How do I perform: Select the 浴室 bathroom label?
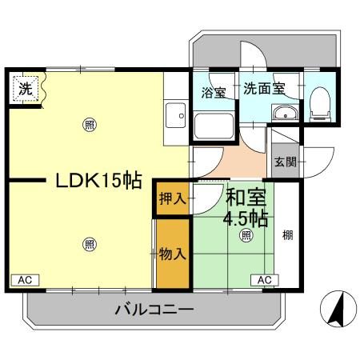click(x=213, y=92)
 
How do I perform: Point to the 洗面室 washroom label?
click(x=264, y=88)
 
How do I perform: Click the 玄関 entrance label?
click(x=286, y=161)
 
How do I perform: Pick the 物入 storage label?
click(x=173, y=254)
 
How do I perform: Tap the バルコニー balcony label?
click(x=154, y=309)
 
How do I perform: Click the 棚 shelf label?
click(x=287, y=236)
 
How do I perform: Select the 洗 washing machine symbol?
click(x=26, y=89)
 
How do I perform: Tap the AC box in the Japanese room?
click(x=265, y=279)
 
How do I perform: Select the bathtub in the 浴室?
click(x=213, y=125)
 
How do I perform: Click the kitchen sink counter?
click(x=174, y=121)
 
